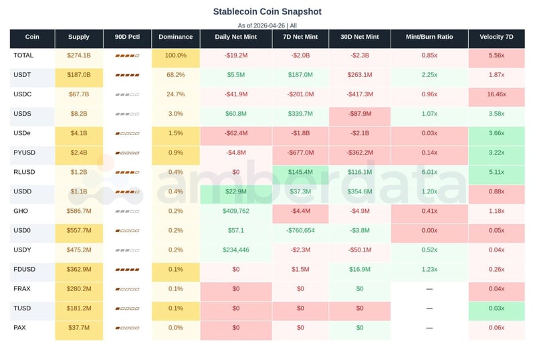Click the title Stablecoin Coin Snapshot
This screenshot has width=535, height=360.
[267, 11]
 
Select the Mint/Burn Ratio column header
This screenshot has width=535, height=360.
[429, 37]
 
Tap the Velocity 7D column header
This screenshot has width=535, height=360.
[496, 37]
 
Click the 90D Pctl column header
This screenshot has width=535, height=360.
[127, 37]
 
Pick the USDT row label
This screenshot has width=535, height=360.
[23, 75]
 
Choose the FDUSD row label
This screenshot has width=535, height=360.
[25, 269]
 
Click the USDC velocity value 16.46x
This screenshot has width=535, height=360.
[496, 94]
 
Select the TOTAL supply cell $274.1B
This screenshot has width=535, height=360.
[79, 56]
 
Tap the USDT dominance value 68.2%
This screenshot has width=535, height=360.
[176, 75]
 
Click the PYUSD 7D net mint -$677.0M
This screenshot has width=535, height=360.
[300, 153]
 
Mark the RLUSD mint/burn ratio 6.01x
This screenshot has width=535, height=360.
[429, 172]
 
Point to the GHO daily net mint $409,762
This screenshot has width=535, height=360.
[235, 211]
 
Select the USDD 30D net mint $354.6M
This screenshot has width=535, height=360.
[359, 191]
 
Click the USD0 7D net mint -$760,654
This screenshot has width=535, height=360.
[300, 230]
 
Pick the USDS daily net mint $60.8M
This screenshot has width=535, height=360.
[235, 114]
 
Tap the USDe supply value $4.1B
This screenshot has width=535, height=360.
[79, 133]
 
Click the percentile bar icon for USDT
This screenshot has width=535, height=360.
[127, 75]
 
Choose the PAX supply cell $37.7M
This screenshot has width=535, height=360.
[79, 327]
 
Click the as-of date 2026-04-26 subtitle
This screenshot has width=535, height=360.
[267, 25]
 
